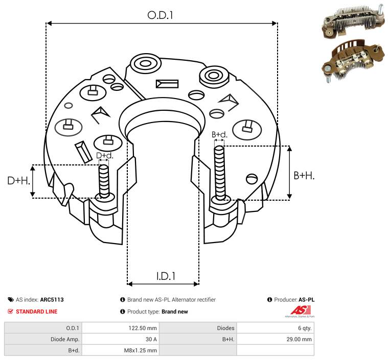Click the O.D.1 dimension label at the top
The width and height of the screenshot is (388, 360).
click(161, 15)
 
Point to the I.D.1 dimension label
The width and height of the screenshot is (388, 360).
click(166, 276)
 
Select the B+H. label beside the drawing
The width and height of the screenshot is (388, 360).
click(304, 175)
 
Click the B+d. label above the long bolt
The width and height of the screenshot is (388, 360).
click(219, 135)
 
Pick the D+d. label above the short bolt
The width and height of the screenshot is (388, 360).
click(104, 156)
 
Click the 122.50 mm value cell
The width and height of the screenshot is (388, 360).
click(145, 328)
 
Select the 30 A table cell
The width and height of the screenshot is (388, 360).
click(151, 339)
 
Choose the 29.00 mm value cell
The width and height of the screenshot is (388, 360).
click(299, 339)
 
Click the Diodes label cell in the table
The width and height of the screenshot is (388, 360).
click(225, 328)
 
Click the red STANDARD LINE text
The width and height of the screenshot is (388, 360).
click(36, 311)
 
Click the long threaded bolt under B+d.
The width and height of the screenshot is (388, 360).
click(220, 173)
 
